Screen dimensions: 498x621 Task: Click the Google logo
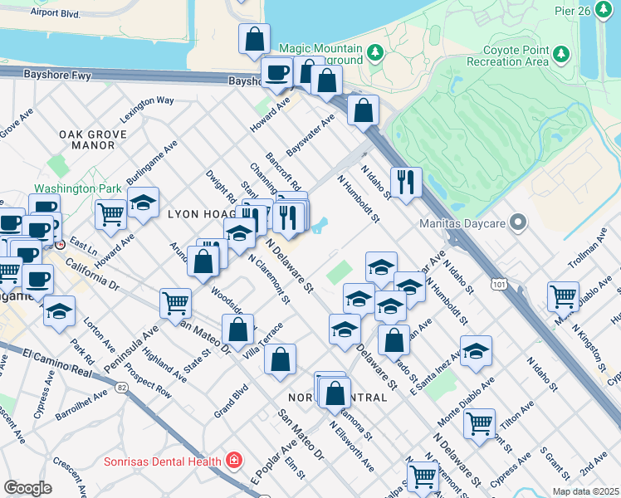(28, 488)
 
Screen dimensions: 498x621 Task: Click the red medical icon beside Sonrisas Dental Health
(235, 460)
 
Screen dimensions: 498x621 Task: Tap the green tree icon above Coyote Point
(563, 54)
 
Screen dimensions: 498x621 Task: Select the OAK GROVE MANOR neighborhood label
(93, 139)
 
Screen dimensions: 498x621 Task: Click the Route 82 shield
(123, 388)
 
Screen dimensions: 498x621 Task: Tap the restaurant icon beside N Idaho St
(406, 183)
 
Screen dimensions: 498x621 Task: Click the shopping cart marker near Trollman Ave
(563, 296)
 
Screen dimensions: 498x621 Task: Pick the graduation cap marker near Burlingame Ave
(143, 204)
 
